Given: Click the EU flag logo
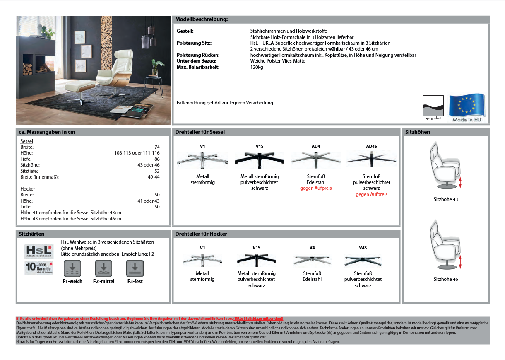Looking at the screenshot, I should click(x=467, y=106).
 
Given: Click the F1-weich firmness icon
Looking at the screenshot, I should click(x=72, y=269).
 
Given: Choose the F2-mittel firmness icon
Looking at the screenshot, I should click(x=103, y=269).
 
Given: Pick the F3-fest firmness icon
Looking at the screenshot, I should click(x=135, y=269).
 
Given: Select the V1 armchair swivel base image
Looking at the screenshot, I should click(x=202, y=159).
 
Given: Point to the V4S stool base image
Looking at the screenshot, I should click(x=363, y=261).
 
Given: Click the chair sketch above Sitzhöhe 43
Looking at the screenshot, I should click(x=445, y=166).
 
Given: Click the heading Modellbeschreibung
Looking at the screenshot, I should click(x=202, y=19).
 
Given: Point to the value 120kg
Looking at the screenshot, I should click(x=257, y=67).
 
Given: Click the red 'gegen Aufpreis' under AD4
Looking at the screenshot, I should click(x=316, y=188).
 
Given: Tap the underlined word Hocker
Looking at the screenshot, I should click(x=28, y=189).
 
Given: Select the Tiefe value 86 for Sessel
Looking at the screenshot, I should click(x=157, y=159).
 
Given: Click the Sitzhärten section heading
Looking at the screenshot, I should click(x=31, y=234).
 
